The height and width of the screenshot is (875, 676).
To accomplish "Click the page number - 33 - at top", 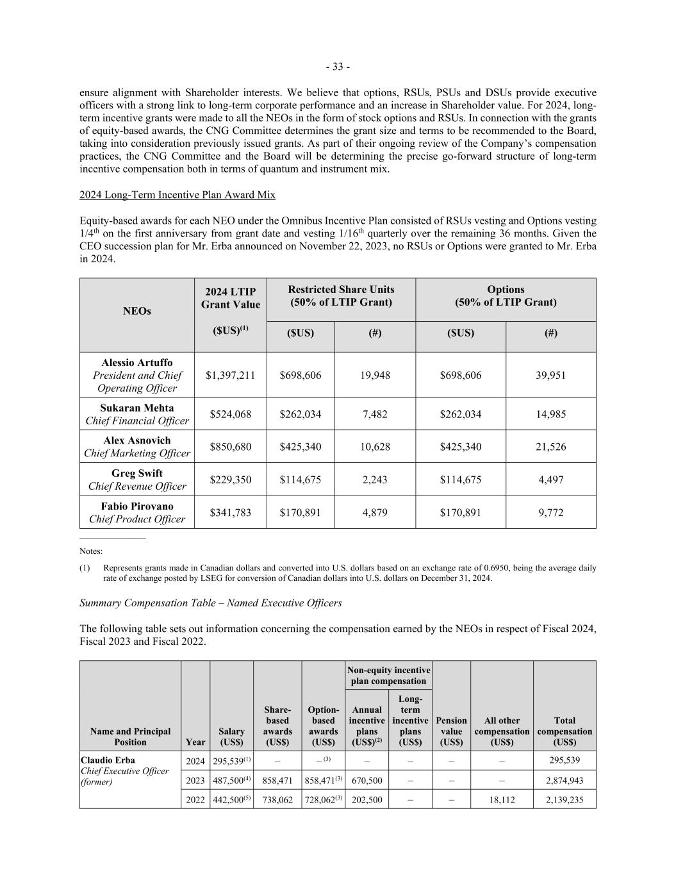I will [338, 67].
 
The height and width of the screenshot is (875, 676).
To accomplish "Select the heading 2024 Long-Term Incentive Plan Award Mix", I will [177, 194].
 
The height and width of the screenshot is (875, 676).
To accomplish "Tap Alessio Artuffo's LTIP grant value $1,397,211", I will [230, 375].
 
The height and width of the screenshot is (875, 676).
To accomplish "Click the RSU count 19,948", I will [375, 375].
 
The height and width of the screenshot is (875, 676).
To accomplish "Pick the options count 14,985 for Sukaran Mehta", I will [550, 414].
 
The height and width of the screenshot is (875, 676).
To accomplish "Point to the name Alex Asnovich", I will [137, 440].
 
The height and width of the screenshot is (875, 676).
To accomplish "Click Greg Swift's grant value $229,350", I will [230, 479].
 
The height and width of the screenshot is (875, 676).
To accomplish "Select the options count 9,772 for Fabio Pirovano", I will [550, 512].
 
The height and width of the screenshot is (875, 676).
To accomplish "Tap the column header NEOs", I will [137, 311].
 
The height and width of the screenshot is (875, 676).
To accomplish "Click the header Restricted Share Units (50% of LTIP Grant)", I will [341, 296].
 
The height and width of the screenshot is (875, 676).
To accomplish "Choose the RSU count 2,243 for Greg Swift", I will [375, 479].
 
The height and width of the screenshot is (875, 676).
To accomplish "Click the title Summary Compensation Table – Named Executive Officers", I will [211, 603].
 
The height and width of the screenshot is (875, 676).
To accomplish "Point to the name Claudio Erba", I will [108, 760].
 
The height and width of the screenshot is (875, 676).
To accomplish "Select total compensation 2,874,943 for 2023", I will [565, 780].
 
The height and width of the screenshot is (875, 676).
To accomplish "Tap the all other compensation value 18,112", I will [502, 800].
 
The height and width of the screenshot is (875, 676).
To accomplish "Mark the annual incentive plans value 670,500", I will [367, 780].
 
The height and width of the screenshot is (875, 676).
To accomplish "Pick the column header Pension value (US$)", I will [451, 731].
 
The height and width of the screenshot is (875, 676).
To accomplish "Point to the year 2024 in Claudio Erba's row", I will [195, 761].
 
